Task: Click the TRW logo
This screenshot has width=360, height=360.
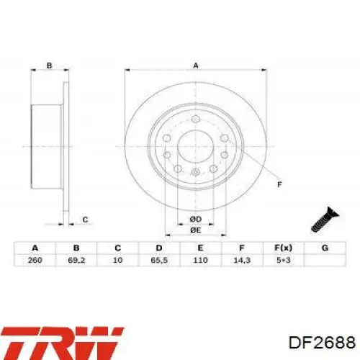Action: coord(61,343)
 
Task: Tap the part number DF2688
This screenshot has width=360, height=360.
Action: coord(322,343)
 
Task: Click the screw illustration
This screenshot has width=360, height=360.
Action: coord(325,220)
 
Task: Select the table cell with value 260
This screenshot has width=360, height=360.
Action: coord(35,260)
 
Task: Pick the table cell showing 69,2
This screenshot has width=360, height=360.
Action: coord(76,260)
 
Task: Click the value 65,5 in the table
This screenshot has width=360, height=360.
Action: coord(159,260)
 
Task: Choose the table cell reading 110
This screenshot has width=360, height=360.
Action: coord(200,260)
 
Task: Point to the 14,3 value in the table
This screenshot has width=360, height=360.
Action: coord(242,260)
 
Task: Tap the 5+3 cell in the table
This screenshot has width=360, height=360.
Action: coord(284,260)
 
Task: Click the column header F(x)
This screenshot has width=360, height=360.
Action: coord(284,248)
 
